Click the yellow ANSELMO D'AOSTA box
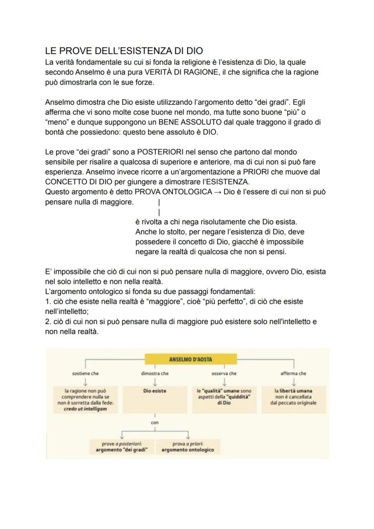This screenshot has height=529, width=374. point(191,359)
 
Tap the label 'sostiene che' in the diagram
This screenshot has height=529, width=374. point(85,374)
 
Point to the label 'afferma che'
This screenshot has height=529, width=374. point(294,374)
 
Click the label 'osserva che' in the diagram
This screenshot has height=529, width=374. point(224,374)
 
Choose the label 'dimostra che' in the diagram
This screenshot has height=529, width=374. point(155,374)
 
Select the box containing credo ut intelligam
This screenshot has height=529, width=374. point(85,400)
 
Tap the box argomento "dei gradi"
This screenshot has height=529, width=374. point(119,447)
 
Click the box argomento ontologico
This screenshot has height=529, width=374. point(187,447)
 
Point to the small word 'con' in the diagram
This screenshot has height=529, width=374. point(155,423)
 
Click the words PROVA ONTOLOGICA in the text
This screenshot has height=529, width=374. point(173,191)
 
